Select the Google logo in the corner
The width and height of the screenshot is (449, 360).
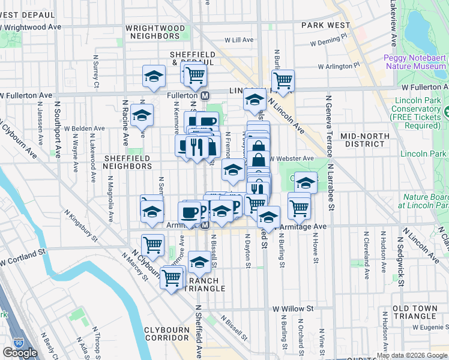pos(20,353)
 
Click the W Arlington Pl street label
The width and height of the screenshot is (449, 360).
pos(339,65)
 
